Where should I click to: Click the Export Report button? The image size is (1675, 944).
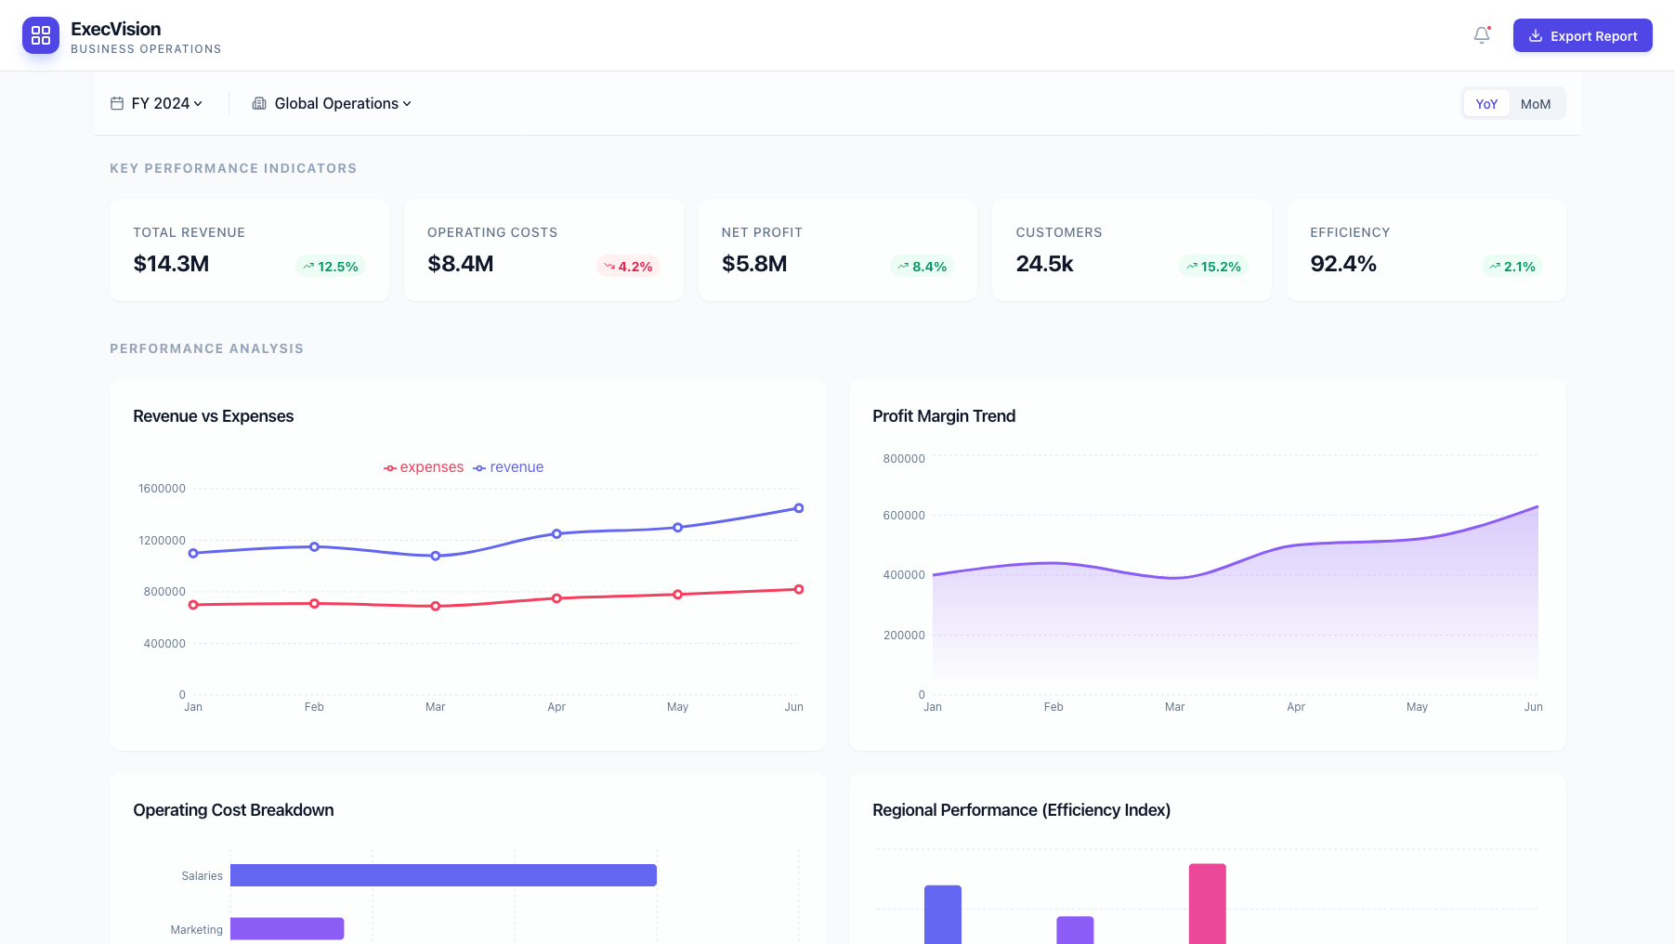(x=1582, y=35)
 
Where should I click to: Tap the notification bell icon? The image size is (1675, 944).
(x=1482, y=35)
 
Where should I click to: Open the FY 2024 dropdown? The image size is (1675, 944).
(x=157, y=103)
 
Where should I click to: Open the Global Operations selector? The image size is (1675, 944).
(x=332, y=103)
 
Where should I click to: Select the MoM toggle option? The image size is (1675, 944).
(x=1535, y=104)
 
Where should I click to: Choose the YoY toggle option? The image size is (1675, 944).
(x=1486, y=104)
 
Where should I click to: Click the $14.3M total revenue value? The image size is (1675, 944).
(x=171, y=264)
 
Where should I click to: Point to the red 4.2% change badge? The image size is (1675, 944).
(x=628, y=267)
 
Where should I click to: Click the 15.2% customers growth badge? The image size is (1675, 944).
(x=1213, y=267)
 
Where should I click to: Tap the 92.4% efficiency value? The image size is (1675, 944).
(x=1342, y=264)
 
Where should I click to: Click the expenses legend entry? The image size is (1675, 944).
(x=424, y=467)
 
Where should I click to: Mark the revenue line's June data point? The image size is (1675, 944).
(x=799, y=508)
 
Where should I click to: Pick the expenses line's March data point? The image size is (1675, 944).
(x=436, y=607)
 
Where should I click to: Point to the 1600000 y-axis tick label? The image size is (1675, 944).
(x=162, y=489)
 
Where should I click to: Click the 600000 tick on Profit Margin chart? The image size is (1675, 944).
(x=903, y=516)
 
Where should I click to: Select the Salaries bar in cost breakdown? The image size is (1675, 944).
(x=443, y=875)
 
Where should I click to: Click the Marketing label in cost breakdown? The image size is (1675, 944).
(x=196, y=930)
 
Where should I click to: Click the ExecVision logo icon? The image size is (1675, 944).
(x=41, y=35)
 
